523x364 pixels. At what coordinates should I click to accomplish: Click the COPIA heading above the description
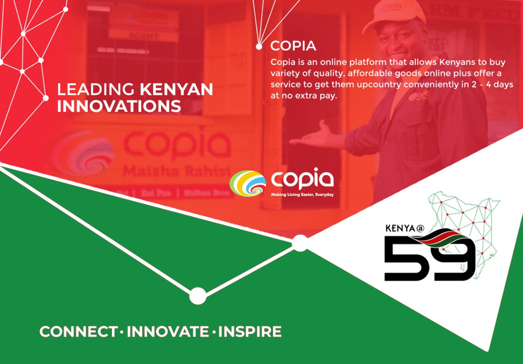pos(293,46)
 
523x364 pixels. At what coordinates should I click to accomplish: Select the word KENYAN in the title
pos(177,89)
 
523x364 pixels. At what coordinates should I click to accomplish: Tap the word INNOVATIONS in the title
pos(119,106)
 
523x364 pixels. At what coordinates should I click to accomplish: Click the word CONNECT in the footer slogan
pos(78,332)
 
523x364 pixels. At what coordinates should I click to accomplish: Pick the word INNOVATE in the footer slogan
pos(168,332)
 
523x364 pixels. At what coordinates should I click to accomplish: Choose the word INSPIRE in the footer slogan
pos(250,332)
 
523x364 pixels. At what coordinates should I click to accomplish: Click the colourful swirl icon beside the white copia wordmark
pos(248,182)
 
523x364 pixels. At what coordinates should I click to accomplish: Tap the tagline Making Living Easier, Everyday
pos(302,195)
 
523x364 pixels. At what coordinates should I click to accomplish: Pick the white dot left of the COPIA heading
pos(259,46)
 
